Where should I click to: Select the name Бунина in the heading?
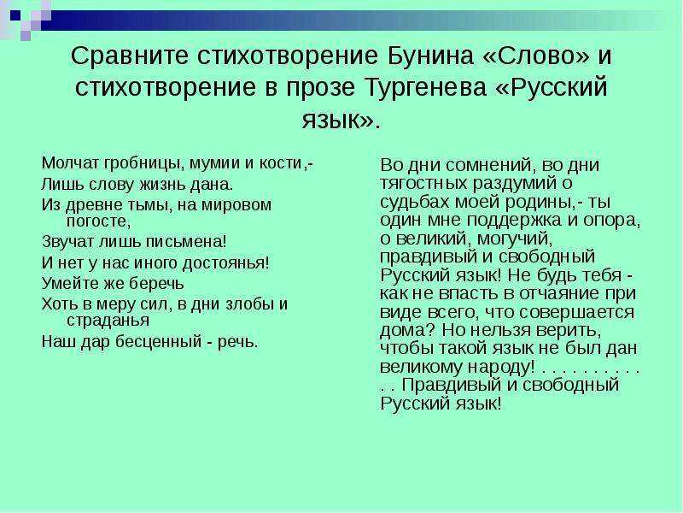[x=430, y=56]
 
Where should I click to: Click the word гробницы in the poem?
[x=141, y=164]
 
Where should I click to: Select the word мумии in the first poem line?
[x=215, y=164]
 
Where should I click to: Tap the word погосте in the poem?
[x=98, y=221]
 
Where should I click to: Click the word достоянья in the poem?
[x=225, y=263]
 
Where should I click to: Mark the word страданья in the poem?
[x=108, y=321]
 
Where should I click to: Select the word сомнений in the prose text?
[x=489, y=166]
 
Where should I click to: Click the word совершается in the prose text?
[x=578, y=312]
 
